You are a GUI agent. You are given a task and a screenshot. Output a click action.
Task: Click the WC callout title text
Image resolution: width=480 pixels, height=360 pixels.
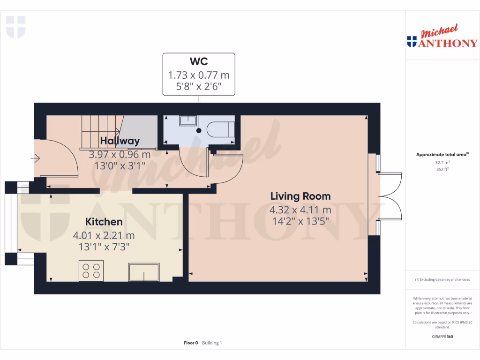tap(199, 61)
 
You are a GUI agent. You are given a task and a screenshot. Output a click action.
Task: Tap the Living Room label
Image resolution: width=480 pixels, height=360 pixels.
tap(300, 196)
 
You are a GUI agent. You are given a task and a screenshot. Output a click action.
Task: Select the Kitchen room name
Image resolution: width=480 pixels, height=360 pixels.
tap(104, 222)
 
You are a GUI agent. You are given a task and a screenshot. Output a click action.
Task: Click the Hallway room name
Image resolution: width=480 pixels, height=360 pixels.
tap(120, 141)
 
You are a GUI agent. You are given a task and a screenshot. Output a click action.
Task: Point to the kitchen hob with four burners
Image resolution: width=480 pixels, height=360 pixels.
tap(91, 270)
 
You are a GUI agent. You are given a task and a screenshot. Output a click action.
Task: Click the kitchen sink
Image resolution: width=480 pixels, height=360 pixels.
tap(144, 272)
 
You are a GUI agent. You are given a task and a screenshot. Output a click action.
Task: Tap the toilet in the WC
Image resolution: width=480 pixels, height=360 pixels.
tap(219, 129)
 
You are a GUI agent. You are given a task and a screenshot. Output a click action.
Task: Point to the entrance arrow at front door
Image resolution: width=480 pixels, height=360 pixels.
tap(36, 159)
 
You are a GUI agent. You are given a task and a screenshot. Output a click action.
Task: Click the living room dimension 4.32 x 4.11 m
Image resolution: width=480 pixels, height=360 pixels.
tap(300, 210)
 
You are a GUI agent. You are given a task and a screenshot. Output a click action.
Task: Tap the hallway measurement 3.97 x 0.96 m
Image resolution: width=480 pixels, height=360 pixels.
tap(120, 154)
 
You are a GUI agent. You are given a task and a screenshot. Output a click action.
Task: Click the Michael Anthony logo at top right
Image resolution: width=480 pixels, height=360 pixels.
tap(442, 37)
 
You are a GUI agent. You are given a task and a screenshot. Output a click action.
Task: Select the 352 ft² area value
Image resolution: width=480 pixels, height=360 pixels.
tap(442, 169)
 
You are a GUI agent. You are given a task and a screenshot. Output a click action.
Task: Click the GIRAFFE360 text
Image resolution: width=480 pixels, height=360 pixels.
tap(442, 337)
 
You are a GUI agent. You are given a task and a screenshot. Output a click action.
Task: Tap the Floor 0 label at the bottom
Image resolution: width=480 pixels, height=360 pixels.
tap(191, 343)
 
